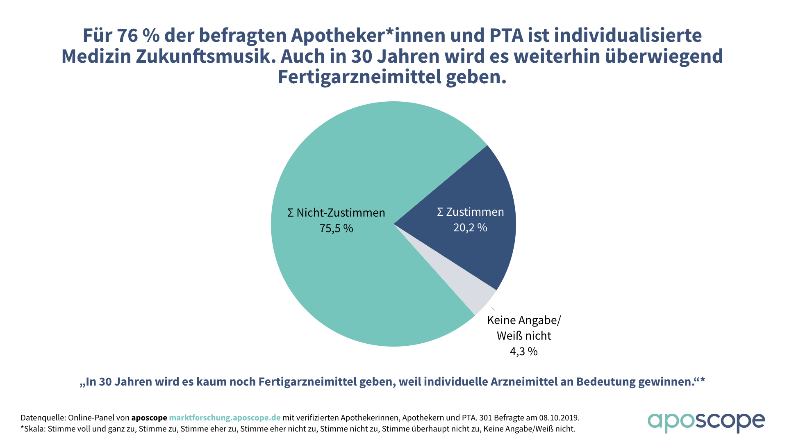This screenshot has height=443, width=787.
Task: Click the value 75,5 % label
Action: point(336,228)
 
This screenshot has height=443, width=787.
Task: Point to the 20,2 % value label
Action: point(470,228)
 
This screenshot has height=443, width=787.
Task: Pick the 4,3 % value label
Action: point(524,352)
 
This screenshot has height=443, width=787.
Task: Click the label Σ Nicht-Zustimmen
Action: point(336,213)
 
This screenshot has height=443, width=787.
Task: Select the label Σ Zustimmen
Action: point(471,212)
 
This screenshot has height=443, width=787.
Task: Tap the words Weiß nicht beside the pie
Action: point(524,336)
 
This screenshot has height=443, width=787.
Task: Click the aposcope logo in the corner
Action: point(706,422)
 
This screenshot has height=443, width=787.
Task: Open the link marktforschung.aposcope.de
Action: point(225,418)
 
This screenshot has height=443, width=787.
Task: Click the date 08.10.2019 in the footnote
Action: point(559,418)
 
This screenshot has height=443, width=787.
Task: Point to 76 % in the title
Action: point(138,36)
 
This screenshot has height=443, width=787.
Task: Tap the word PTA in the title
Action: point(507,36)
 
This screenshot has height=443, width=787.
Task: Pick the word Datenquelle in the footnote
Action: point(43,418)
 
